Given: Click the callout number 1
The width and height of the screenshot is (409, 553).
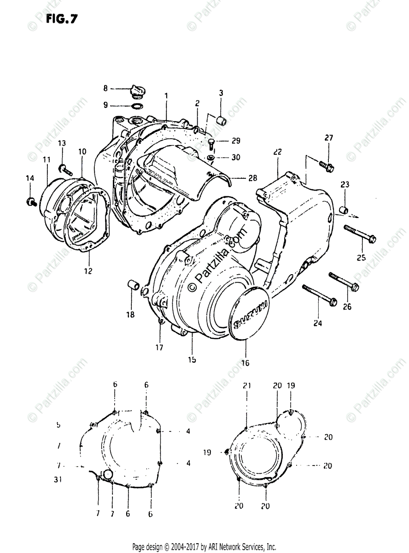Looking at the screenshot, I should tap(166, 95).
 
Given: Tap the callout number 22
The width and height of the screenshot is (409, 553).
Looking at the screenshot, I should tap(277, 152).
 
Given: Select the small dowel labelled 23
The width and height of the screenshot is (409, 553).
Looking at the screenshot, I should tap(343, 211).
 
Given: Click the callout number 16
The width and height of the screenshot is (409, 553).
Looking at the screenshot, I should tap(245, 363).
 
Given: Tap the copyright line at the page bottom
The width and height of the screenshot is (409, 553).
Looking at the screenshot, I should tap(204, 547).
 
